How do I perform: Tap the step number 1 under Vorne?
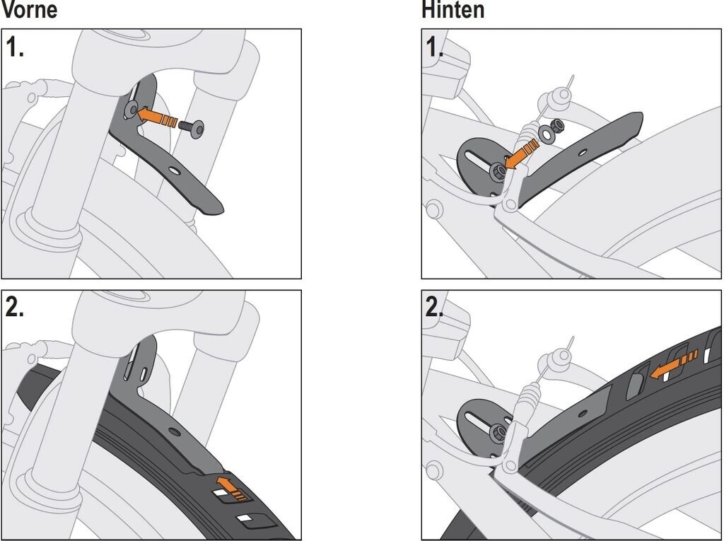pyautogui.click(x=16, y=47)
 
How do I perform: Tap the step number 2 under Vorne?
pyautogui.click(x=16, y=308)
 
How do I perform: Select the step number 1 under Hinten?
pyautogui.click(x=433, y=47)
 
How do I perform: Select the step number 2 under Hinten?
pyautogui.click(x=433, y=308)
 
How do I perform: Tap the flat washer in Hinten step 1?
pyautogui.click(x=547, y=133)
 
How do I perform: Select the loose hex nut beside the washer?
pyautogui.click(x=558, y=125)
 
